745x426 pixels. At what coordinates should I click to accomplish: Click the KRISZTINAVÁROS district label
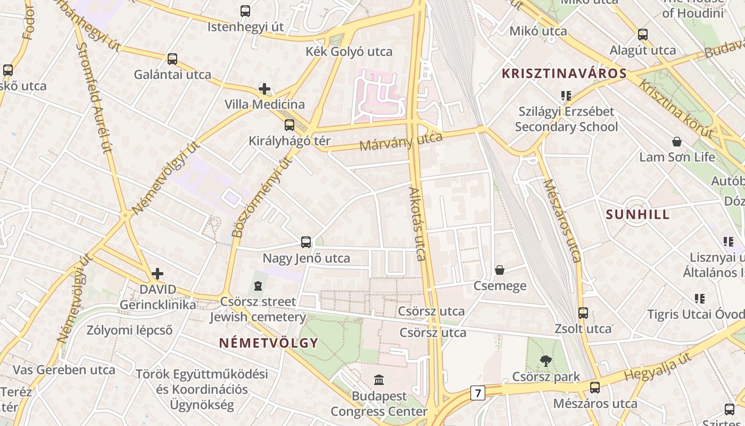tap(564, 73)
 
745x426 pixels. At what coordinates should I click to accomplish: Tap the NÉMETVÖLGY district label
tap(269, 343)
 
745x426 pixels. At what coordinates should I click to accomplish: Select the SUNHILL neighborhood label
tap(638, 215)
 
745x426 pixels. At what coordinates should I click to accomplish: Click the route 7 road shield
tap(478, 394)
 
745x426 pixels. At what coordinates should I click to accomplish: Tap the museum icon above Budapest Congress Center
tap(379, 380)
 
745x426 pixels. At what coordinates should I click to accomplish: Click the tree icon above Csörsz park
tap(545, 361)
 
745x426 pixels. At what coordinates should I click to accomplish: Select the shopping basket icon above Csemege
tap(500, 270)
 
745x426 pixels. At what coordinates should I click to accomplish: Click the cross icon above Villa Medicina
tap(264, 88)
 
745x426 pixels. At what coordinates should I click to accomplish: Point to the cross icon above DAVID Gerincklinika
tap(158, 274)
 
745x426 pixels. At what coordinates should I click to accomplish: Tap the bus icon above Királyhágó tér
tap(289, 125)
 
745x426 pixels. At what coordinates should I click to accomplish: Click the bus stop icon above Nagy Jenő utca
tap(306, 242)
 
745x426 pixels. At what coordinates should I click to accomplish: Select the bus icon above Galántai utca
tap(172, 59)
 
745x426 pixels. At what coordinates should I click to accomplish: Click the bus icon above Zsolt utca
tap(583, 313)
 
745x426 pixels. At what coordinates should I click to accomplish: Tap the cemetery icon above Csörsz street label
tap(258, 286)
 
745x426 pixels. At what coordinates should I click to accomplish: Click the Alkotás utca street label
tap(418, 224)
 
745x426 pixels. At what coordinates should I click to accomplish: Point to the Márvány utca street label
tap(401, 142)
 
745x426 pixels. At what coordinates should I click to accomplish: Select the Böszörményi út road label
tap(262, 197)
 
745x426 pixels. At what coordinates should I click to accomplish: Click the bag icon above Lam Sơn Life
tap(677, 142)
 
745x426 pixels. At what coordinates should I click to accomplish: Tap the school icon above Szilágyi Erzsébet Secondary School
tap(566, 96)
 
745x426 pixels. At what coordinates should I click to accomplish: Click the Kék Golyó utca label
tap(349, 52)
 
